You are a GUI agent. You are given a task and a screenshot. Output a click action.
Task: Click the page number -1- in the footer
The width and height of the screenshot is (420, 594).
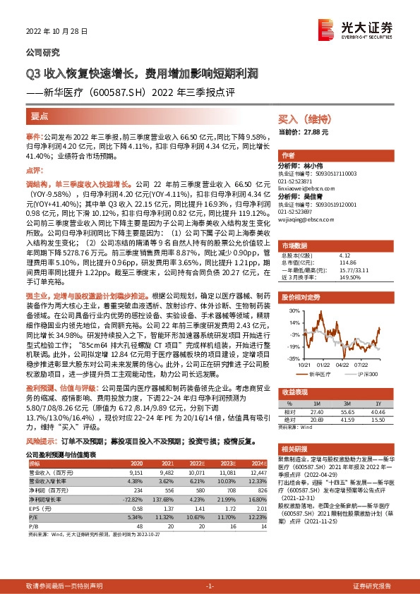point(209,587)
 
